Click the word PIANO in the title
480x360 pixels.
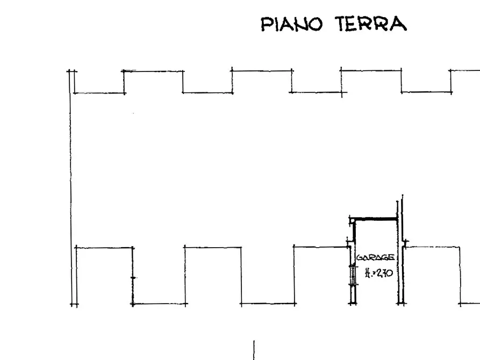pyautogui.click(x=291, y=25)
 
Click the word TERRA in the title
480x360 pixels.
pyautogui.click(x=371, y=25)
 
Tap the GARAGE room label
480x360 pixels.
pyautogui.click(x=375, y=258)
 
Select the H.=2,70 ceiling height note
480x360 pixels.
pyautogui.click(x=378, y=273)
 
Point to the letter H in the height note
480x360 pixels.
pyautogui.click(x=368, y=273)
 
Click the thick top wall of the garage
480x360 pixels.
pyautogui.click(x=375, y=219)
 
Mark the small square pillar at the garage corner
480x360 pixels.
pyautogui.click(x=352, y=220)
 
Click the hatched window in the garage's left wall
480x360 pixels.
pyautogui.click(x=353, y=275)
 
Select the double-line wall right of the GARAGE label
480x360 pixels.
pyautogui.click(x=400, y=258)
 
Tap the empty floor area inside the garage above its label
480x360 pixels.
pyautogui.click(x=375, y=236)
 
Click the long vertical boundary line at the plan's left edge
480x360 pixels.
pyautogui.click(x=70, y=188)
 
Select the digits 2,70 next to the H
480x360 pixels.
pyautogui.click(x=384, y=273)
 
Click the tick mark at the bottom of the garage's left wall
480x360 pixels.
pyautogui.click(x=353, y=304)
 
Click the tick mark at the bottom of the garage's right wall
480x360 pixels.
pyautogui.click(x=400, y=304)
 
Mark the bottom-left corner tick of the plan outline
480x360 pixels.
pyautogui.click(x=74, y=304)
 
